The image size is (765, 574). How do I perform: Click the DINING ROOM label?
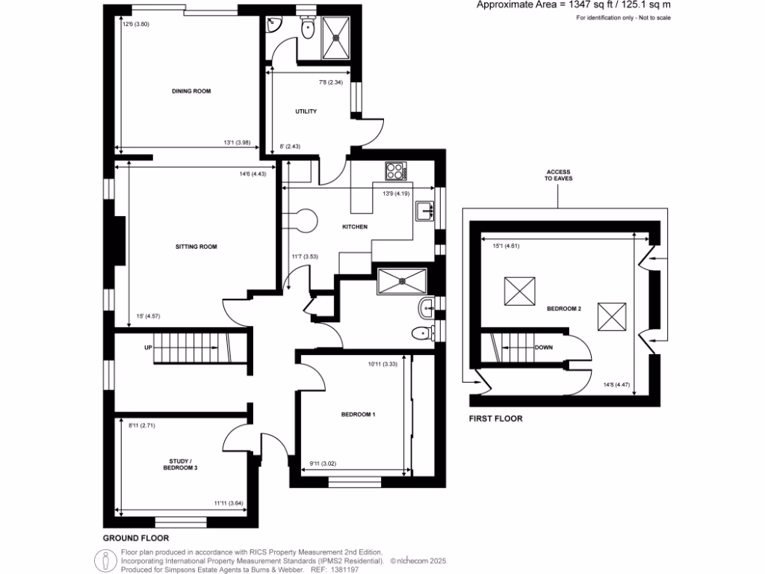click(191, 91)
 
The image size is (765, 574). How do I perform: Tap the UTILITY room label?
click(306, 111)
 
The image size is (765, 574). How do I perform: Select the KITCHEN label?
click(355, 226)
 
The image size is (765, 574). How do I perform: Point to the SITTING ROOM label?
click(196, 246)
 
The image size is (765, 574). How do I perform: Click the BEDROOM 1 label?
click(358, 414)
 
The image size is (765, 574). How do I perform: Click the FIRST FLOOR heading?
click(495, 419)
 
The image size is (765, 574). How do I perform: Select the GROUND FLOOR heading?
click(135, 537)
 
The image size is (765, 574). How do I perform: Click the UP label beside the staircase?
click(149, 348)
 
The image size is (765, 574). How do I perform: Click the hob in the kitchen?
click(397, 171)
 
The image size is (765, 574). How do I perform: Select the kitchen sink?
click(425, 212)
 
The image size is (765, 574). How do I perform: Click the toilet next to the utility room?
click(307, 28)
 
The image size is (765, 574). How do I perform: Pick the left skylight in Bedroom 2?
click(521, 291)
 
